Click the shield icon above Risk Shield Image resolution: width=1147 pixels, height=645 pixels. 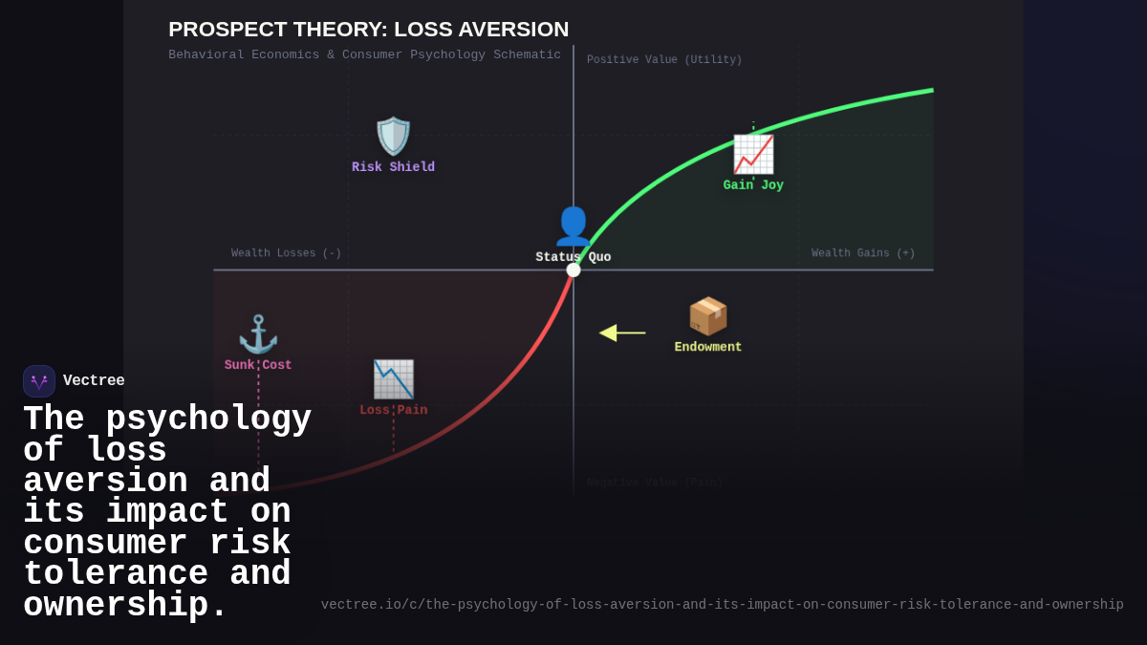[x=393, y=136]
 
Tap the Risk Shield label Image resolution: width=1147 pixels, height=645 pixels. [x=393, y=167]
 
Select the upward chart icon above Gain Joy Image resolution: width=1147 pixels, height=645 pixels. [x=753, y=154]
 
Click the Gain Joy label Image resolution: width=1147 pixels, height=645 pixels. [x=753, y=185]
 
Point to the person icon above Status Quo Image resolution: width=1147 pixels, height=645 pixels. [x=573, y=226]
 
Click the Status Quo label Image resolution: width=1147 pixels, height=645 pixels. [x=573, y=257]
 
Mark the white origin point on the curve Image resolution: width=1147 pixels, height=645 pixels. [x=573, y=270]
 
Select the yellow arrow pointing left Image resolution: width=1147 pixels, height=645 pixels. [x=621, y=333]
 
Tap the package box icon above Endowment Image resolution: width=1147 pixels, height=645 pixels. [x=708, y=316]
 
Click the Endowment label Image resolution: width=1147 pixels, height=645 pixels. [x=708, y=347]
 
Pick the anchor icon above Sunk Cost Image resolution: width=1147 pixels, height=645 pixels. [x=258, y=334]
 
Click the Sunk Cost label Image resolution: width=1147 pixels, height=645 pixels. [x=258, y=365]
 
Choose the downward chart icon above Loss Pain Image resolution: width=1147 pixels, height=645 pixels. [x=393, y=379]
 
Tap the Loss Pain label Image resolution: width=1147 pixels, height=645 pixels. [x=393, y=410]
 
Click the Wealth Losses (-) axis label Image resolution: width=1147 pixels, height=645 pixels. [x=286, y=253]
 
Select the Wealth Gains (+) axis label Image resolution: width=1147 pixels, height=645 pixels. [x=863, y=253]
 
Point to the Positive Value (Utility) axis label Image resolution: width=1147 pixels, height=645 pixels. [x=664, y=59]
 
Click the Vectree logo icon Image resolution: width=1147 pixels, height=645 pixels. [x=39, y=381]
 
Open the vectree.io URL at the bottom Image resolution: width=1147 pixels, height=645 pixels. [x=722, y=605]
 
